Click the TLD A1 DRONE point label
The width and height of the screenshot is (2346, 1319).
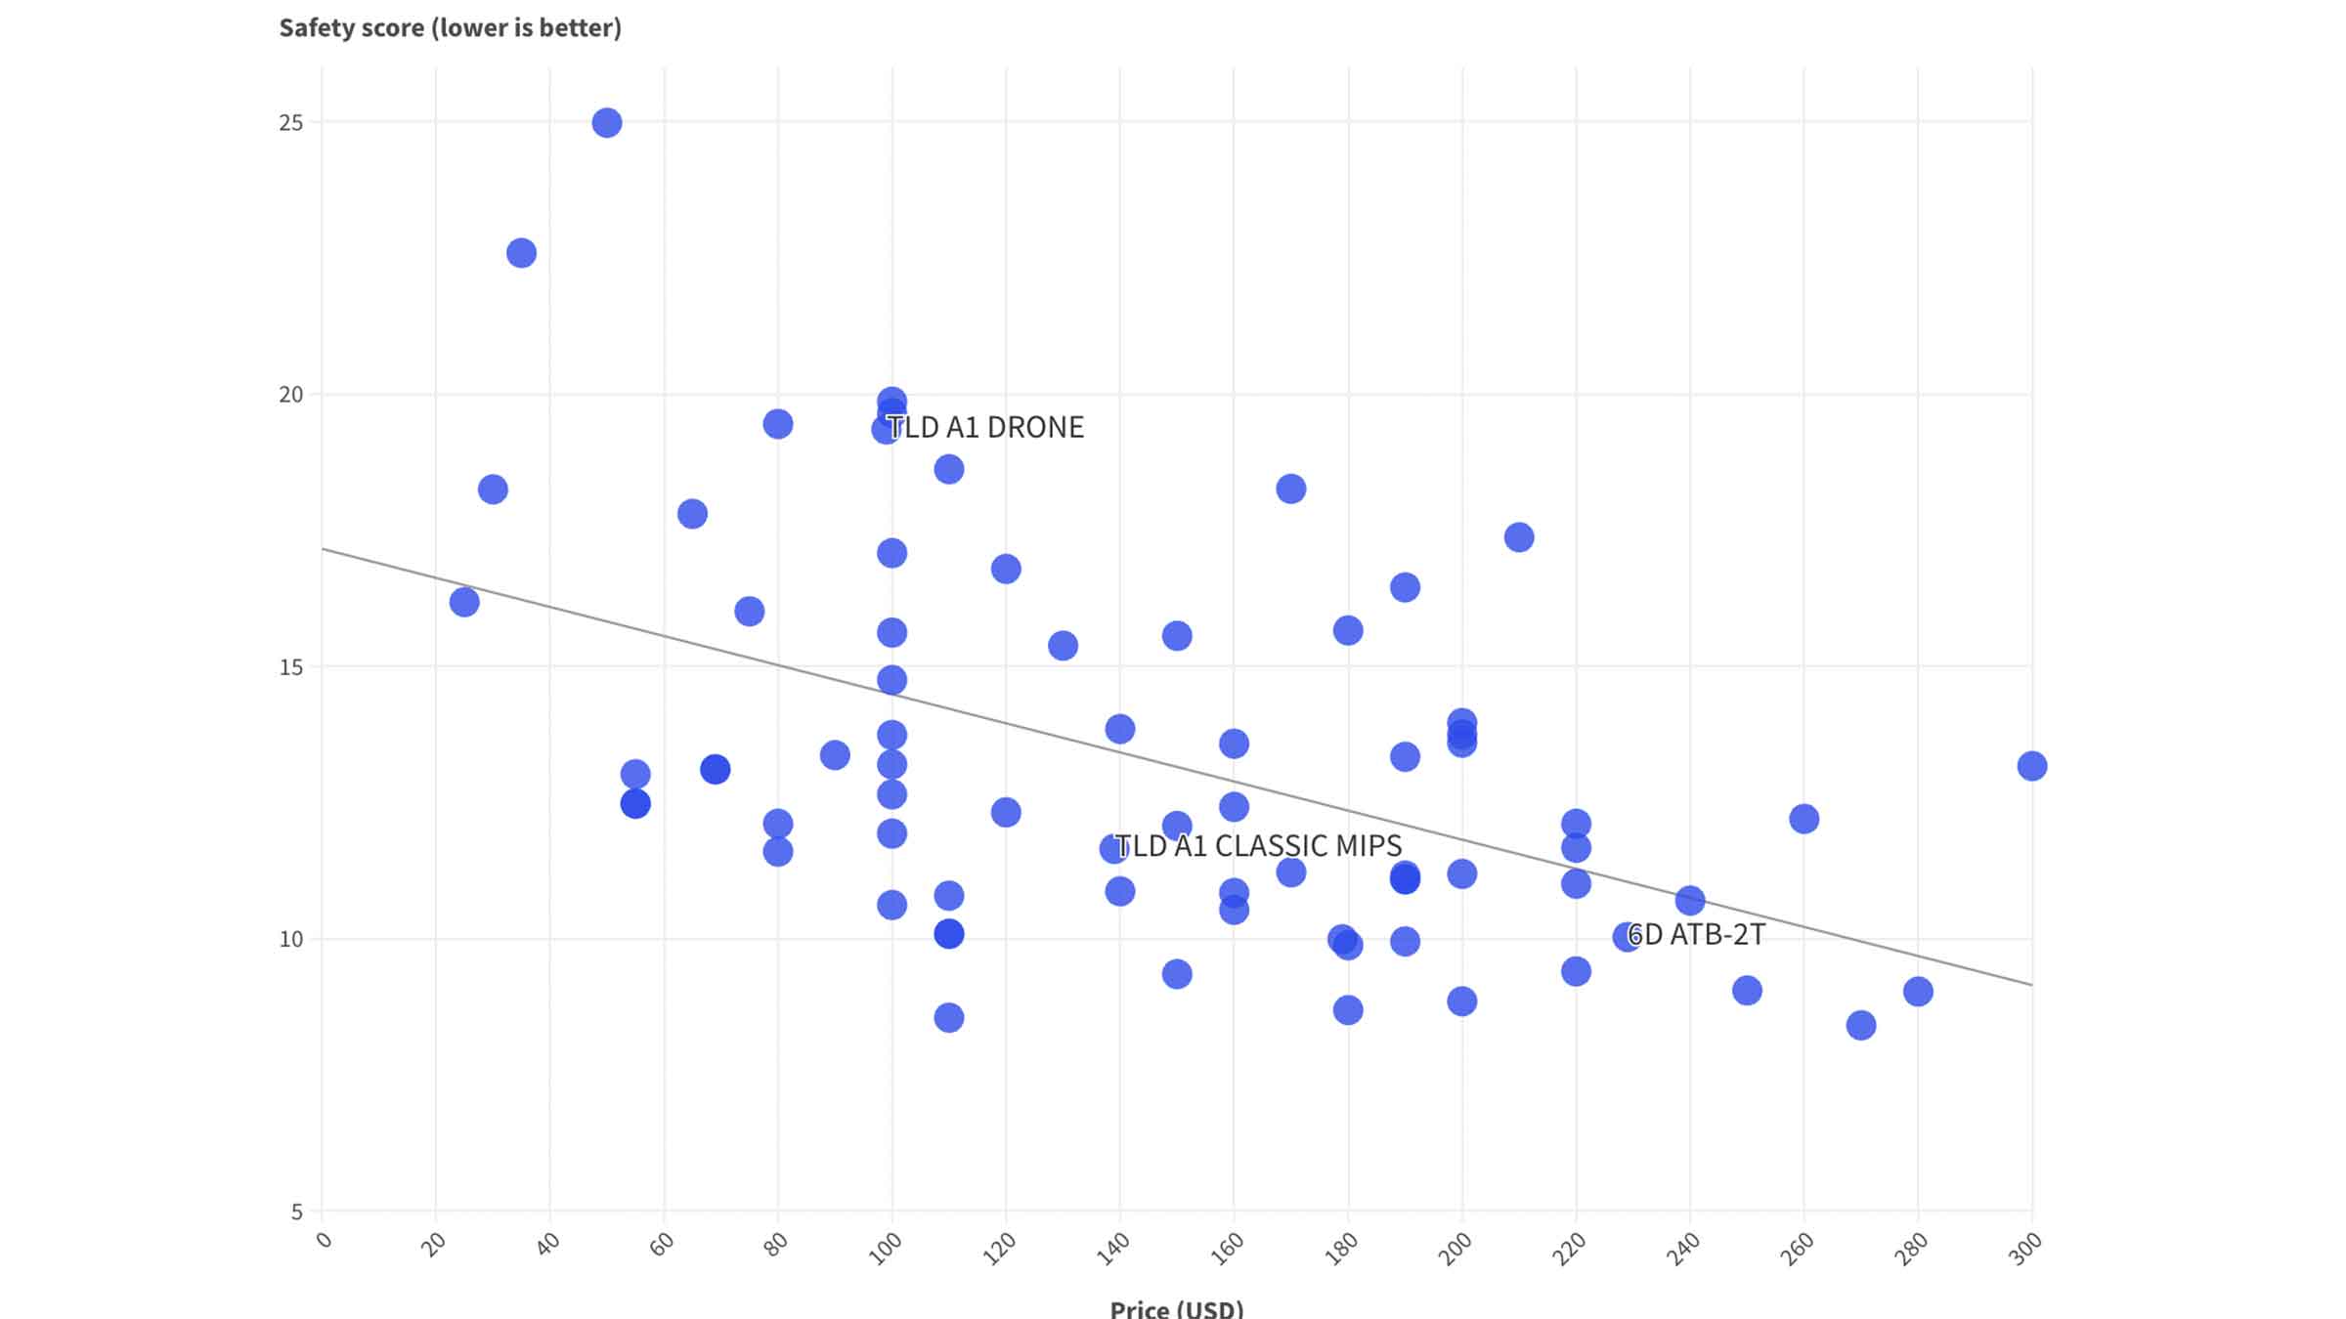click(985, 428)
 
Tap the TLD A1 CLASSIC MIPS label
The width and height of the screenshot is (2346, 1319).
click(1259, 846)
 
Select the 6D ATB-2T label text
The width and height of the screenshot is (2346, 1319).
click(1697, 935)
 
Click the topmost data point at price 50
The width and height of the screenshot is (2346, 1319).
click(606, 123)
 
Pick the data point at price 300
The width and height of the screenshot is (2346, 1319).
click(2031, 766)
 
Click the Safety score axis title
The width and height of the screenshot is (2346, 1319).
click(451, 27)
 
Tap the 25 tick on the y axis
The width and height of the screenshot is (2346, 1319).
click(291, 123)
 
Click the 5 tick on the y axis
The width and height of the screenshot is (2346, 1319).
click(297, 1213)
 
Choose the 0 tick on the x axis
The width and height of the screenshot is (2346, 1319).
click(325, 1241)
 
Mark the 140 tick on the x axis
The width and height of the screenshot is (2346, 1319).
click(1113, 1249)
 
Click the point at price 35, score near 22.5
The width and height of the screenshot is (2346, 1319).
click(521, 253)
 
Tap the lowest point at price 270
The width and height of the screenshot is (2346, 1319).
click(1860, 1025)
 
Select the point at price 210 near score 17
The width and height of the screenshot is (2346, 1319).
click(1518, 537)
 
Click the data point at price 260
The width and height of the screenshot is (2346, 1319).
click(1803, 819)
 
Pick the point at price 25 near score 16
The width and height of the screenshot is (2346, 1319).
click(464, 602)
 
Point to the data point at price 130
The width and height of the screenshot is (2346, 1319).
click(1063, 646)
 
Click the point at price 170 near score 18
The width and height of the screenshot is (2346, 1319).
click(1290, 489)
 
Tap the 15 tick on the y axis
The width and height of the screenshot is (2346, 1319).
click(291, 667)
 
